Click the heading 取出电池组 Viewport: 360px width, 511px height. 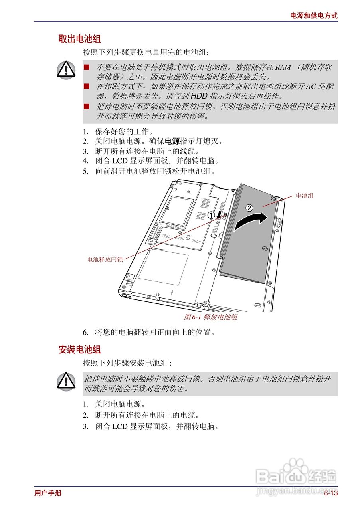click(79, 39)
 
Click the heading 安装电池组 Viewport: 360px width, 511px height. click(79, 349)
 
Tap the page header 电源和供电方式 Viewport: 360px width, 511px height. click(313, 16)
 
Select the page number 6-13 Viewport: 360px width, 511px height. click(330, 493)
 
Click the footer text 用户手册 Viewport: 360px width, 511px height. click(48, 493)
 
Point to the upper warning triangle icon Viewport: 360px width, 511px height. click(66, 69)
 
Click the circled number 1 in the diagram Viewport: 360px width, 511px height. click(211, 215)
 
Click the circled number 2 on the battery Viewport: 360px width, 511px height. click(249, 208)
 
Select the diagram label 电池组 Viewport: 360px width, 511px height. click(304, 196)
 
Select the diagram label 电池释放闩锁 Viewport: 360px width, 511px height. click(105, 259)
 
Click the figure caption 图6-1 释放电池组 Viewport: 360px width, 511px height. click(210, 317)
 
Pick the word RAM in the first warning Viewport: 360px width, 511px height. click(283, 67)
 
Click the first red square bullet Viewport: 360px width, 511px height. click(86, 67)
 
